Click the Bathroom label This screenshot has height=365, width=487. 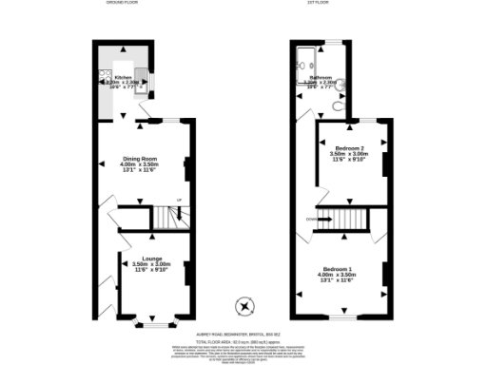pyautogui.click(x=319, y=76)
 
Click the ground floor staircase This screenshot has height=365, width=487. pyautogui.click(x=169, y=220)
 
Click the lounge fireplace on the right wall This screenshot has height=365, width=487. pyautogui.click(x=187, y=273)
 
